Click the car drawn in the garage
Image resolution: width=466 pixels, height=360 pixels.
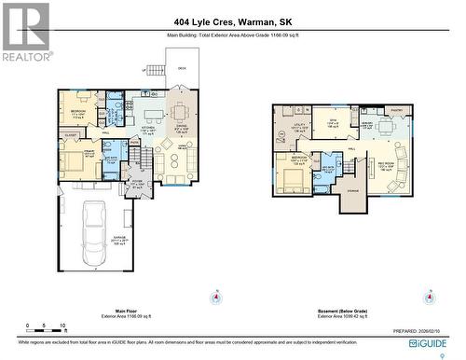(96, 227)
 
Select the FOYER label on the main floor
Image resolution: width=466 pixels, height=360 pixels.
(136, 184)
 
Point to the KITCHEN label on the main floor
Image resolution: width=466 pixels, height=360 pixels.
(146, 129)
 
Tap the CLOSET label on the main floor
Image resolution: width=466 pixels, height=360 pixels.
(71, 136)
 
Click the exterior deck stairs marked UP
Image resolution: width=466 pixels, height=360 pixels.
(156, 70)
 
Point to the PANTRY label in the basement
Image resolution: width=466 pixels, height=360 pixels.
(396, 109)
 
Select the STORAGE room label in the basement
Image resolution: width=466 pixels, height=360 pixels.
(351, 192)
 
